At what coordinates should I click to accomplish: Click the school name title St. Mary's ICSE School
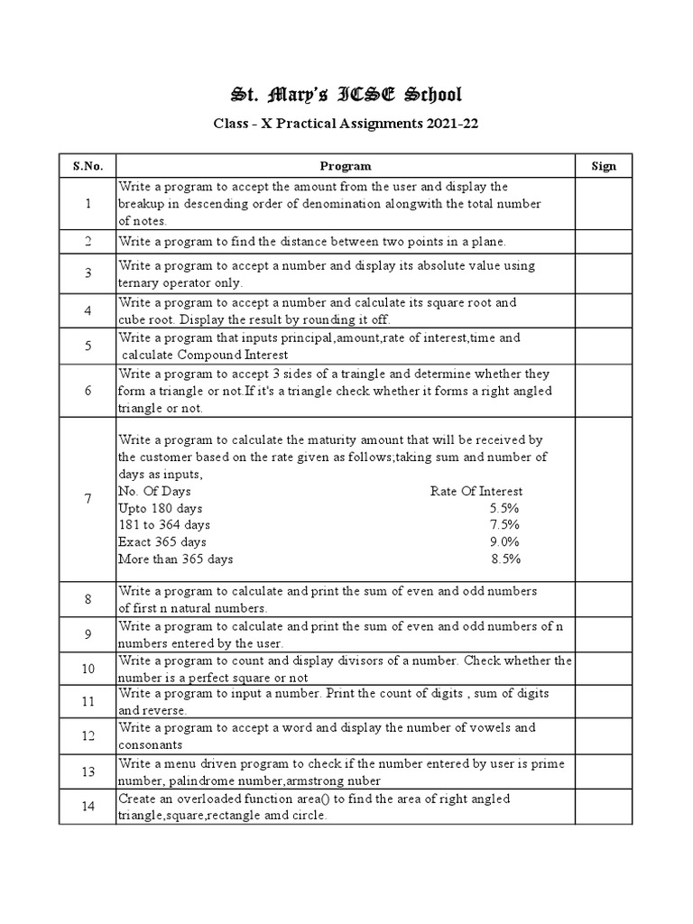[346, 95]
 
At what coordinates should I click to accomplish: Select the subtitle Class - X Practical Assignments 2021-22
[346, 125]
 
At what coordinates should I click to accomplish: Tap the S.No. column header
[88, 166]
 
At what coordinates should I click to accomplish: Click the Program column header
[346, 166]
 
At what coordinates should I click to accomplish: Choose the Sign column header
[603, 166]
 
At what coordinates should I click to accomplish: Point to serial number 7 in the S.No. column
[88, 499]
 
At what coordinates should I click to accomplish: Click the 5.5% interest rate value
[504, 508]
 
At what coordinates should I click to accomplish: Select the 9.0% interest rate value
[504, 542]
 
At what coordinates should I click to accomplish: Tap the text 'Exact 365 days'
[162, 542]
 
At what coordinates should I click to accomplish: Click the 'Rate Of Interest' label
[476, 492]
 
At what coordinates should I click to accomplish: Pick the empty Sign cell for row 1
[603, 203]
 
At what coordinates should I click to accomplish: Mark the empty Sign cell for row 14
[603, 807]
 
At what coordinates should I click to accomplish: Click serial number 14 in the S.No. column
[88, 807]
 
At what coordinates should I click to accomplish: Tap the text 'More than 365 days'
[176, 559]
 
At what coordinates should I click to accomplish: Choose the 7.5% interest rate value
[504, 525]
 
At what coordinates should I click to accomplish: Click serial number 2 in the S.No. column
[88, 242]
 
